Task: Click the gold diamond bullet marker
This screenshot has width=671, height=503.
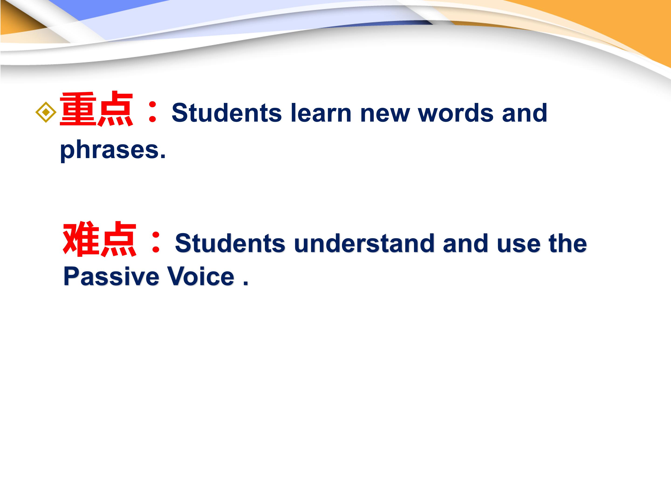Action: coord(46,112)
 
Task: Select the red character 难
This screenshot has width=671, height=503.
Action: coord(81,239)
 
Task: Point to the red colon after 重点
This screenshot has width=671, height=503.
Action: coord(152,112)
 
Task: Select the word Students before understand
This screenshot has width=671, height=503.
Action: coord(230,243)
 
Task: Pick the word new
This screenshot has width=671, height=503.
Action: coord(385,115)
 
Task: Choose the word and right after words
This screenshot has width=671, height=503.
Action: coord(524,112)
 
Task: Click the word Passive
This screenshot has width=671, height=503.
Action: coord(111,276)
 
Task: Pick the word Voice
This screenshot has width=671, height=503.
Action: coord(201,276)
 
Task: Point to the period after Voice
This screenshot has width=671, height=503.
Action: coord(245,283)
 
